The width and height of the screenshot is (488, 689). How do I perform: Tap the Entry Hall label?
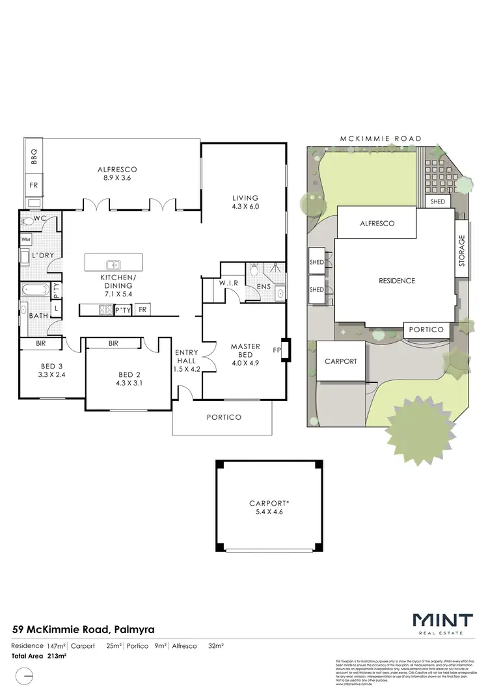point(186,357)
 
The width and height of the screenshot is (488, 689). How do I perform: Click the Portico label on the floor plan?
point(224,417)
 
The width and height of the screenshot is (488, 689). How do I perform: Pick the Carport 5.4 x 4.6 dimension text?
point(269,512)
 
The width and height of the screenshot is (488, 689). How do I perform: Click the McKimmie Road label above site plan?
point(381,138)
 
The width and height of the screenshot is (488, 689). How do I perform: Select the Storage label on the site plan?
point(462,252)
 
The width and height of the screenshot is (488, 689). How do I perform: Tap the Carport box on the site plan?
point(340,361)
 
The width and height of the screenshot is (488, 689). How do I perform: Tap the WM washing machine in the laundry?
point(26,240)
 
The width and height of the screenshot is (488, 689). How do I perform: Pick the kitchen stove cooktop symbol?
point(105,310)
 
